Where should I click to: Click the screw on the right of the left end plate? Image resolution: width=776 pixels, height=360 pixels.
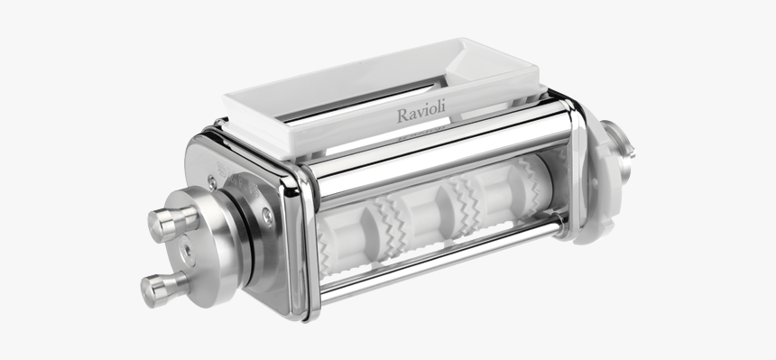coord(267,214)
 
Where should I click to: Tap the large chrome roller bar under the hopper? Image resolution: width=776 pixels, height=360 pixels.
coord(433,162)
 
